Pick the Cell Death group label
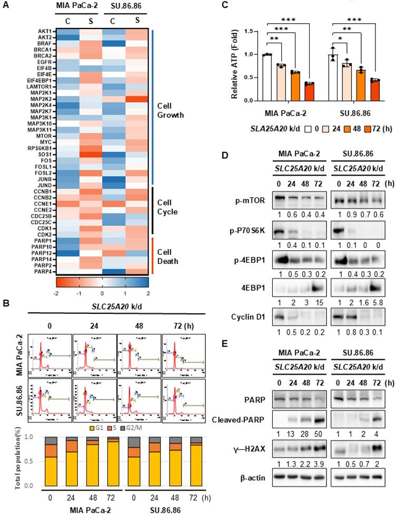pos(168,255)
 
